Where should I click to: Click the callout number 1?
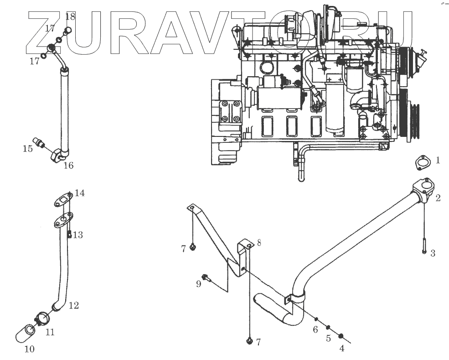pos(438,160)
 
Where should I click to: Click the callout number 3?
pos(433,253)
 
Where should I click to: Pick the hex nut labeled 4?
pos(341,337)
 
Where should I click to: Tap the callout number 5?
pos(328,339)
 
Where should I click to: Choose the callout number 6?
pos(315,329)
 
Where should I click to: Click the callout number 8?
pos(259,243)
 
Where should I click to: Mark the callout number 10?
pos(29,350)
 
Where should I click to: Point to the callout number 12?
pos(73,306)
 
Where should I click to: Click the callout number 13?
pos(78,235)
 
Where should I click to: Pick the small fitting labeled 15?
pos(40,143)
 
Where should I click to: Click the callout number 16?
pos(68,165)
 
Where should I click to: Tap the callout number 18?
pos(70,17)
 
